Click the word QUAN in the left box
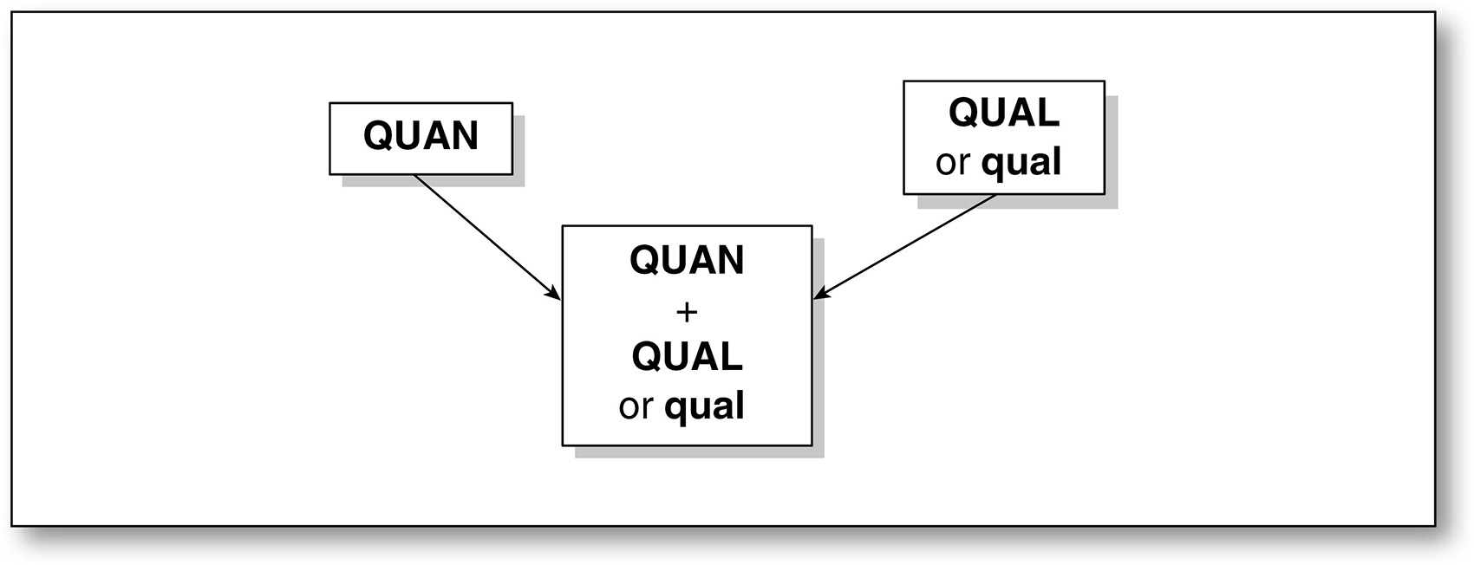click(x=421, y=136)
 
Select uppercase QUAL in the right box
click(x=1003, y=113)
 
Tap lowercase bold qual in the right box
click(x=1021, y=162)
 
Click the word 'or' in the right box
click(x=952, y=163)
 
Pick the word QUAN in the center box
click(x=687, y=260)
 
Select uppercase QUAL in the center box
click(x=687, y=356)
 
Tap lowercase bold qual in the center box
click(x=704, y=406)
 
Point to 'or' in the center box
click(x=635, y=406)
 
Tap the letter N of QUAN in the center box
click(x=730, y=260)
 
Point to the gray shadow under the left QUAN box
click(x=434, y=180)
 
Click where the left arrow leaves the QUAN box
click(x=415, y=176)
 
